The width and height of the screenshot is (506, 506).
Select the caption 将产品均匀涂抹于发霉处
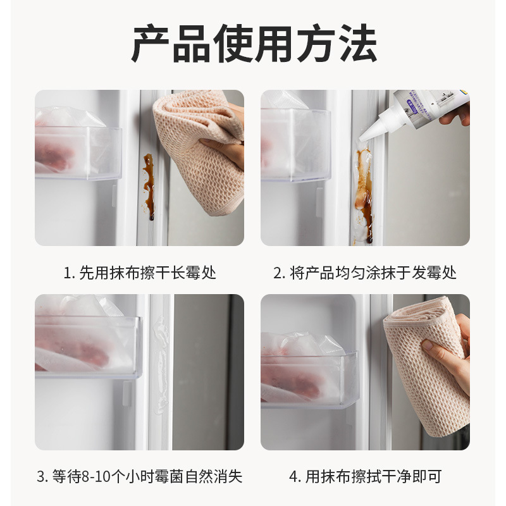pos(365,273)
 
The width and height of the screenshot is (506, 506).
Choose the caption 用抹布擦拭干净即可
pos(365,476)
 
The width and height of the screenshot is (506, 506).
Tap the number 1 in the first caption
pos(67,273)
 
